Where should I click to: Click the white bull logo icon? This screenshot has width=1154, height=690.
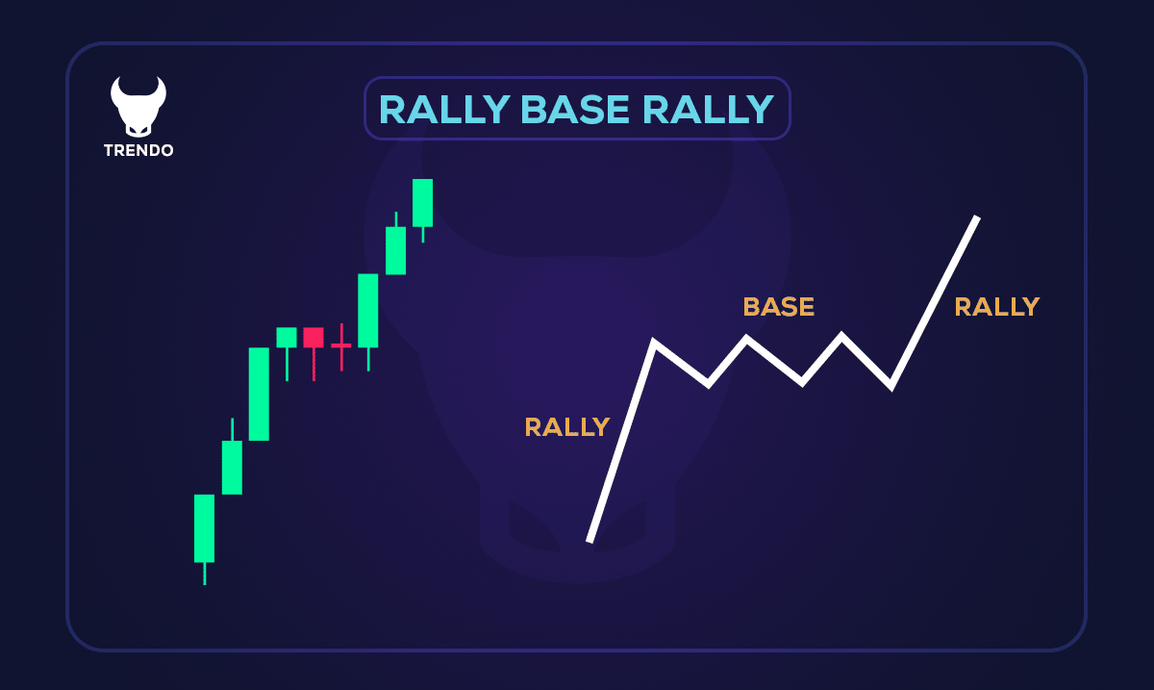point(138,105)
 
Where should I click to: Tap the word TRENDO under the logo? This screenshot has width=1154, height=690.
point(138,151)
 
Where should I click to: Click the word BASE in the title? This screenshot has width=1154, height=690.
point(576,110)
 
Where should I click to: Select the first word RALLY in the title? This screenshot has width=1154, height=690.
point(443,110)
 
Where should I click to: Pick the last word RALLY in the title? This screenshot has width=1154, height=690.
point(708,110)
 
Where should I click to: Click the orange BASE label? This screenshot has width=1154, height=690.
point(778,307)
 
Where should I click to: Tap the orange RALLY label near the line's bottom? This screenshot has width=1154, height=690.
point(566,426)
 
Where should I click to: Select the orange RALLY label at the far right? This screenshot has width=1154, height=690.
point(996,307)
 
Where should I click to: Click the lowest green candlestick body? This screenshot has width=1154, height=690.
point(204,527)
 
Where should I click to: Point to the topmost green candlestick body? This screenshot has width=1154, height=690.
point(422,202)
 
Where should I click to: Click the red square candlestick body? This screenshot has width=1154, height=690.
point(314,337)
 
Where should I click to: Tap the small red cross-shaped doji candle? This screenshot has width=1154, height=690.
point(341,345)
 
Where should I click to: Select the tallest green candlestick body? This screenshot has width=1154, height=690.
point(259,394)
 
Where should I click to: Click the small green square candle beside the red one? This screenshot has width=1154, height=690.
point(287,337)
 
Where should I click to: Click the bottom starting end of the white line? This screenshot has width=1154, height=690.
point(590,540)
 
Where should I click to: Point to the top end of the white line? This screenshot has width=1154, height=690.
point(976,218)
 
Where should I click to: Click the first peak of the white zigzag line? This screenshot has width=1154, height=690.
point(654,342)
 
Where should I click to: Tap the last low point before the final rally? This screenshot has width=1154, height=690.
point(891,386)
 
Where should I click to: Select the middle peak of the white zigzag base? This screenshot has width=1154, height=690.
point(746,338)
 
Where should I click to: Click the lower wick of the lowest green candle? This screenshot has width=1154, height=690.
point(204,574)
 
